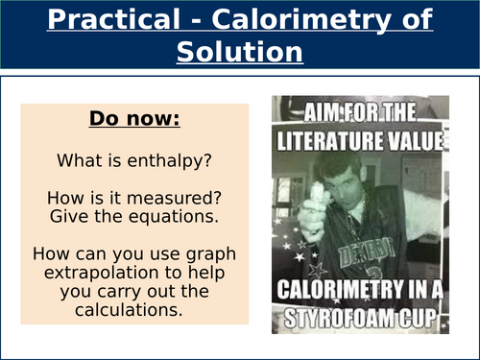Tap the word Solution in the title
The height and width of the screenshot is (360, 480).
(x=240, y=52)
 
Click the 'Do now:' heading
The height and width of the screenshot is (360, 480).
(x=134, y=120)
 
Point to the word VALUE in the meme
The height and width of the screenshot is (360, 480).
(x=416, y=142)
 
